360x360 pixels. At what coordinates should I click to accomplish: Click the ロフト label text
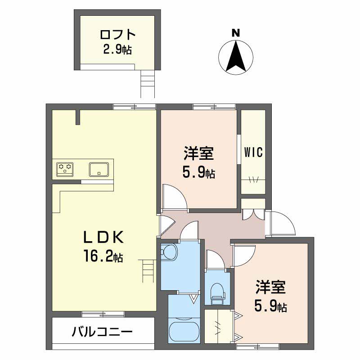(x=117, y=35)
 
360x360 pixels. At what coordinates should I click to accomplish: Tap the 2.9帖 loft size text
(x=117, y=49)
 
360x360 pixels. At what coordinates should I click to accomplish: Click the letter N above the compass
(x=235, y=33)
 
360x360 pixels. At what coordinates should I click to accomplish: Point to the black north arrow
(x=235, y=56)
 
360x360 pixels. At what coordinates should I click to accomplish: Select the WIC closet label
(x=253, y=152)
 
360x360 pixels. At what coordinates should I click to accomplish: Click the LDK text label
(x=103, y=238)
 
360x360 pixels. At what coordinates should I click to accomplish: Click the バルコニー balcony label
(x=102, y=332)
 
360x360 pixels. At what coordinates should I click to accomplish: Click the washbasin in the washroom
(x=169, y=252)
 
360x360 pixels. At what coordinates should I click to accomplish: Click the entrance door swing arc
(x=283, y=224)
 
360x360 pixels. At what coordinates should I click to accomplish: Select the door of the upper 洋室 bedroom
(x=174, y=198)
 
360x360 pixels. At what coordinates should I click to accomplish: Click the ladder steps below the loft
(x=148, y=84)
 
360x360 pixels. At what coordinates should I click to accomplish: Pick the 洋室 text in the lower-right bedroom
(x=271, y=287)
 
